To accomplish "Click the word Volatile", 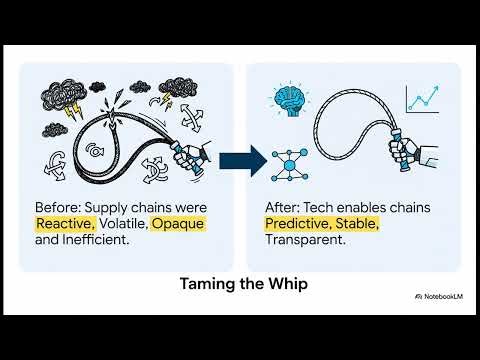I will (124, 224).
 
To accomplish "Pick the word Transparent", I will (306, 242).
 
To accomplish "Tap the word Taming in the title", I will (201, 284).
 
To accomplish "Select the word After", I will (280, 206).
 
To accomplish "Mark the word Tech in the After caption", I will (322, 206).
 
